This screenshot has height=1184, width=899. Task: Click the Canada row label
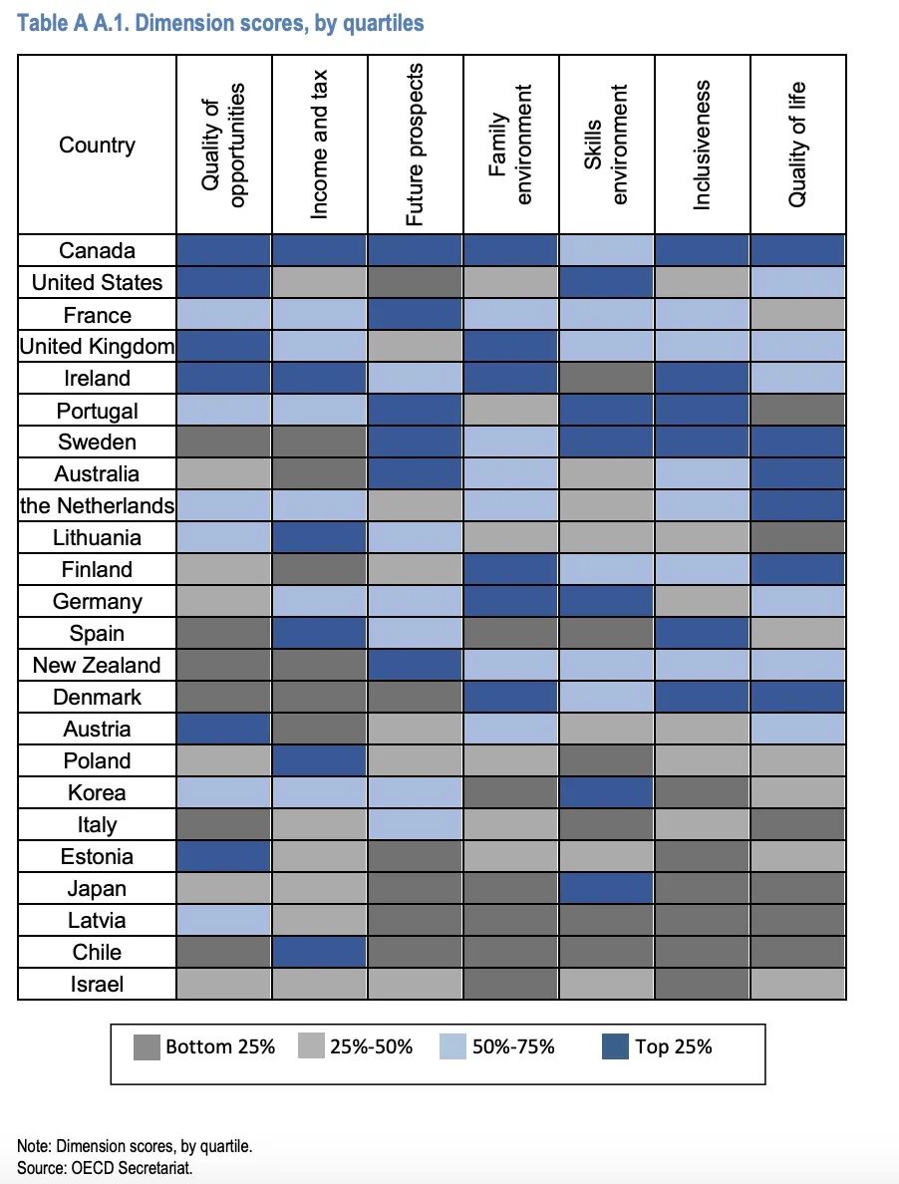[x=97, y=251]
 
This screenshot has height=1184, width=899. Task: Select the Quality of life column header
[x=796, y=145]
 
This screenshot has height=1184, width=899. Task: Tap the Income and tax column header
[x=319, y=145]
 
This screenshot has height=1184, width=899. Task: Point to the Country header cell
[x=97, y=146]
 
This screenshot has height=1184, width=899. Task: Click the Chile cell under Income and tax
[x=319, y=952]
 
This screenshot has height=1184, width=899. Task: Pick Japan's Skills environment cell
[x=606, y=888]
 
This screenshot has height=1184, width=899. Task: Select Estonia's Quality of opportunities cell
[x=224, y=856]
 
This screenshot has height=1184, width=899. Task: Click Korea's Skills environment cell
[x=606, y=792]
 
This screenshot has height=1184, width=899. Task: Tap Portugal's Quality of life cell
[x=796, y=411]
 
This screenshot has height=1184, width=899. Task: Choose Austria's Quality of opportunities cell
[x=224, y=729]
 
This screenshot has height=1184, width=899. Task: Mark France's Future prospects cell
[x=415, y=315]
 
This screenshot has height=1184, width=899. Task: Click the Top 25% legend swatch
[x=616, y=1046]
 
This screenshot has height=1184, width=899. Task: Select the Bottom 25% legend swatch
[x=147, y=1046]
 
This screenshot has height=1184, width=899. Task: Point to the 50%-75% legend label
[x=512, y=1046]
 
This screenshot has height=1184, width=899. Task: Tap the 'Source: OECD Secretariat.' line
[x=105, y=1167]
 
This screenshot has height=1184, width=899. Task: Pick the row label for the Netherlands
[x=97, y=506]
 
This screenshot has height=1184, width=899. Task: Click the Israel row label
[x=97, y=984]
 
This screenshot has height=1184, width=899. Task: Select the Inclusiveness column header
[x=702, y=145]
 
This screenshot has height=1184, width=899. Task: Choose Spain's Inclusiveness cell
[x=702, y=633]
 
